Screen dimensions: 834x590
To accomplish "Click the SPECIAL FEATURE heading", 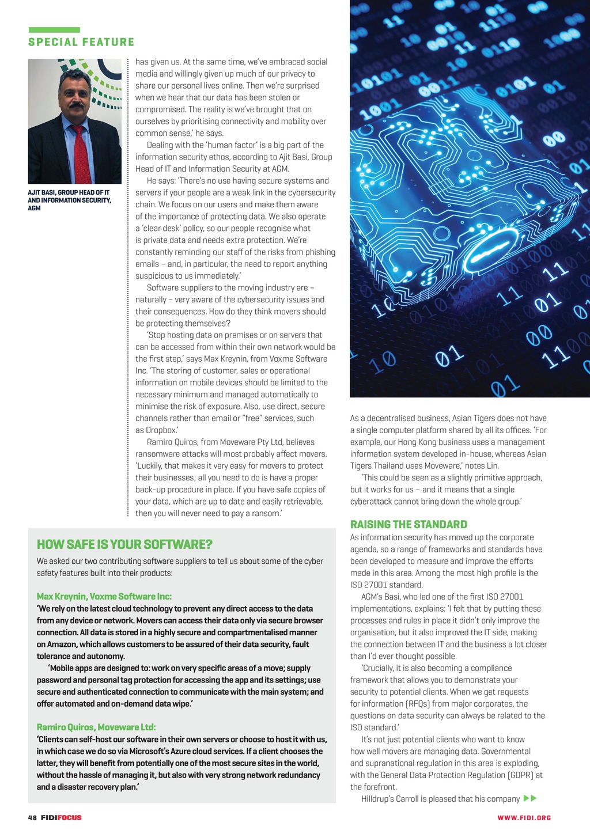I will pos(81,42).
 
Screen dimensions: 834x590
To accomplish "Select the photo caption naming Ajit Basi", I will pos(69,200).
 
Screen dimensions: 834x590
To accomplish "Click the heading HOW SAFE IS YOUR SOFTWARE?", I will pos(124,544).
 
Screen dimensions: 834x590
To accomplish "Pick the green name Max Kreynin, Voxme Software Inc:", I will pos(104,596).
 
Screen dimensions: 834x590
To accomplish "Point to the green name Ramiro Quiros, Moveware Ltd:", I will pos(96,727).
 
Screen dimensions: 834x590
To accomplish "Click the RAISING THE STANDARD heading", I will pos(409,524).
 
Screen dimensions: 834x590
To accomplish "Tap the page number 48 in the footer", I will pos(32,817).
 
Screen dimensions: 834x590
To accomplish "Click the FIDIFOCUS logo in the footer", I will pos(61,817).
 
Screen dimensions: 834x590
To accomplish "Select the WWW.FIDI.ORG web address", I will pos(524,817).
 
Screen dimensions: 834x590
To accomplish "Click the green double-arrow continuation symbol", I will pos(530,798).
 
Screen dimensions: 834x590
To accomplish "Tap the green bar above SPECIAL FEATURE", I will pos(54,30).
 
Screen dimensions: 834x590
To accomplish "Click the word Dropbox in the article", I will pos(161,430).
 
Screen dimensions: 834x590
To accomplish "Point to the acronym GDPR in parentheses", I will pos(521,775).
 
